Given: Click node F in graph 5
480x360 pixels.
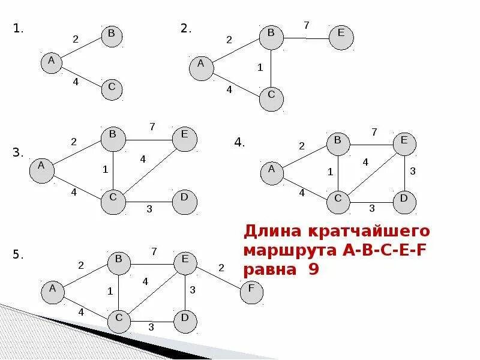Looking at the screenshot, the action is [252, 292].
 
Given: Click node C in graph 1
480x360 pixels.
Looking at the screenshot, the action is [112, 89].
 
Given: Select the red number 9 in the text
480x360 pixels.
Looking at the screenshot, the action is [313, 269].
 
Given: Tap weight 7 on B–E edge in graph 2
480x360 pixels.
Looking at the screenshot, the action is [306, 25].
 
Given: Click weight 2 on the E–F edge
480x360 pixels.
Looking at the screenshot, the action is [221, 267].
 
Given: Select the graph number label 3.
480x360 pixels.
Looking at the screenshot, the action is [17, 153].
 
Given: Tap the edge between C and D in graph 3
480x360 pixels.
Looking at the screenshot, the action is [148, 202].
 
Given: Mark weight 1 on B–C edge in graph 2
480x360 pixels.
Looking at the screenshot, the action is [260, 68].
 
